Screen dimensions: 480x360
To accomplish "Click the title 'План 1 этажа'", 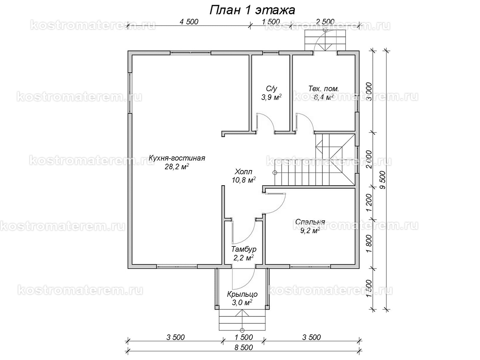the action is [x=252, y=10].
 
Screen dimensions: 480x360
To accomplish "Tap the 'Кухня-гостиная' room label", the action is [x=177, y=158].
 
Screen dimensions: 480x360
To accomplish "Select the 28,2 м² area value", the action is [x=177, y=167].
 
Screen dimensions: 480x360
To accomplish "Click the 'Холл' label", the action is [x=243, y=171].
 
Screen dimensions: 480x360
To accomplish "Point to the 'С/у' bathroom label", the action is [x=271, y=88].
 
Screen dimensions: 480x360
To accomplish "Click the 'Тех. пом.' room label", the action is [x=324, y=89].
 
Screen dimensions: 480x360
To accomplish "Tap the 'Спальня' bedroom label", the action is [x=310, y=222].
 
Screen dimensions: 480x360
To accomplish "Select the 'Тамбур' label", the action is [x=244, y=249].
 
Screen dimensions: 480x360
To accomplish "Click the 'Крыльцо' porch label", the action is [x=242, y=294].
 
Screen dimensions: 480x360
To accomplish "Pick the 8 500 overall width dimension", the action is [x=244, y=347].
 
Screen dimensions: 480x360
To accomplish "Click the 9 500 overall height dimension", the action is [x=383, y=180].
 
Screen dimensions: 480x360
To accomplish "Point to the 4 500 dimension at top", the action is [x=189, y=22].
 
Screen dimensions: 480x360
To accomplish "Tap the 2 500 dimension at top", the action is [x=325, y=22].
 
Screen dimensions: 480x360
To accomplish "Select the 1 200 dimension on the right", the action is [x=369, y=202].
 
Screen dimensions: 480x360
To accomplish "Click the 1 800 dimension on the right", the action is [x=369, y=244].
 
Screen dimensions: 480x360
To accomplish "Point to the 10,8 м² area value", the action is [x=244, y=180].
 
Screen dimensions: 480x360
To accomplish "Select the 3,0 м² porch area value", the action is [x=242, y=303].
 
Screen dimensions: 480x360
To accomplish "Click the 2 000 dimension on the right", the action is [x=369, y=159].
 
